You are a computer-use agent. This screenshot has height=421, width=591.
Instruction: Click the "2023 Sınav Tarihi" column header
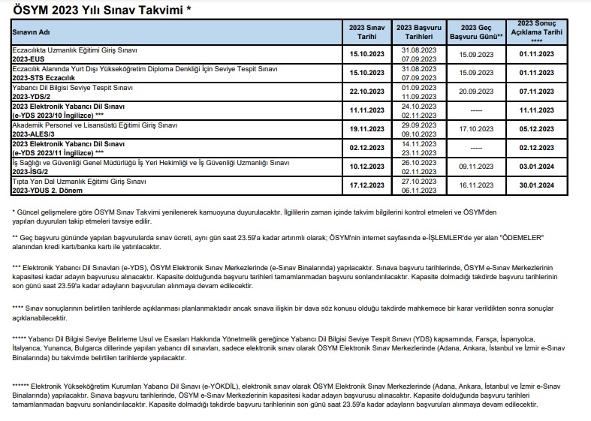coord(366,31)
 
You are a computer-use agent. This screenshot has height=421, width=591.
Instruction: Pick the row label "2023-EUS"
coord(30,57)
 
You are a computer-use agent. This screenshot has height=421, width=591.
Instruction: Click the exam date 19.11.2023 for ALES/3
coord(366,129)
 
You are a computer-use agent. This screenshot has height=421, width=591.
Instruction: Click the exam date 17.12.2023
coord(366,185)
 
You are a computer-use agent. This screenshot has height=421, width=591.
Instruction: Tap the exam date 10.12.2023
coord(366,166)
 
